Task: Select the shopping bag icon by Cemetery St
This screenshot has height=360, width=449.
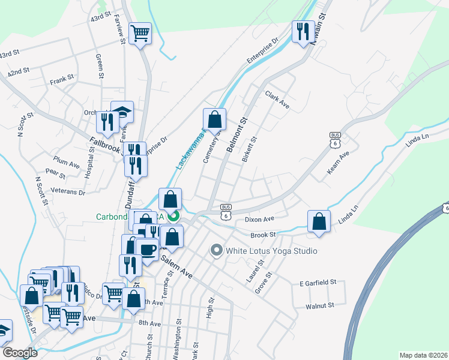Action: click(x=214, y=119)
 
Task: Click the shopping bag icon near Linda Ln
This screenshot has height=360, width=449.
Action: click(x=319, y=221)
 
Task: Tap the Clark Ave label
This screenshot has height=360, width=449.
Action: click(x=277, y=101)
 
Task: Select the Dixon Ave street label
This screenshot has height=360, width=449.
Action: click(x=259, y=220)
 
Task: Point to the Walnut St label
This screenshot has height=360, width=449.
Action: click(x=319, y=306)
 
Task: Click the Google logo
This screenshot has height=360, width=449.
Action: click(x=20, y=353)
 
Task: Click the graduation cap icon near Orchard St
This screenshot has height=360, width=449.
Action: click(x=122, y=111)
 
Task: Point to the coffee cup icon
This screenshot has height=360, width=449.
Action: click(x=146, y=248)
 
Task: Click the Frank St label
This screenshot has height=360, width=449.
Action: click(x=61, y=78)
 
